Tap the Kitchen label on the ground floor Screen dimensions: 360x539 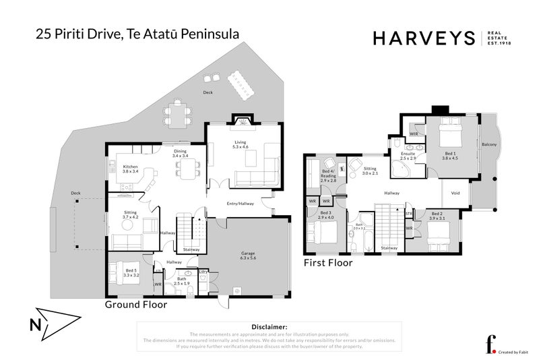(x=130, y=169)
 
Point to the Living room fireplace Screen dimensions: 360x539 (x=241, y=122)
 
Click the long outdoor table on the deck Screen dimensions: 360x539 (x=241, y=84)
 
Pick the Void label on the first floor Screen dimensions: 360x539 (x=455, y=193)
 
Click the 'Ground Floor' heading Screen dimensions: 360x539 (x=135, y=305)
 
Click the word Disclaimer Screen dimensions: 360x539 (x=269, y=326)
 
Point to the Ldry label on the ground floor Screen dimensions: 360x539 (x=204, y=272)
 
